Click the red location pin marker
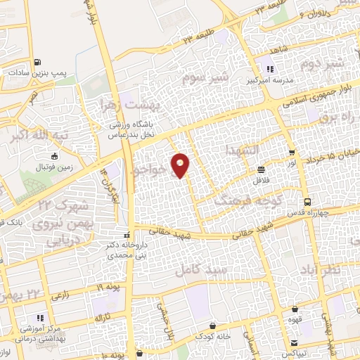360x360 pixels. point(180,165)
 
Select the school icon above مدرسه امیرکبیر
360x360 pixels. point(269,68)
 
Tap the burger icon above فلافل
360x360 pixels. point(262,169)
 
